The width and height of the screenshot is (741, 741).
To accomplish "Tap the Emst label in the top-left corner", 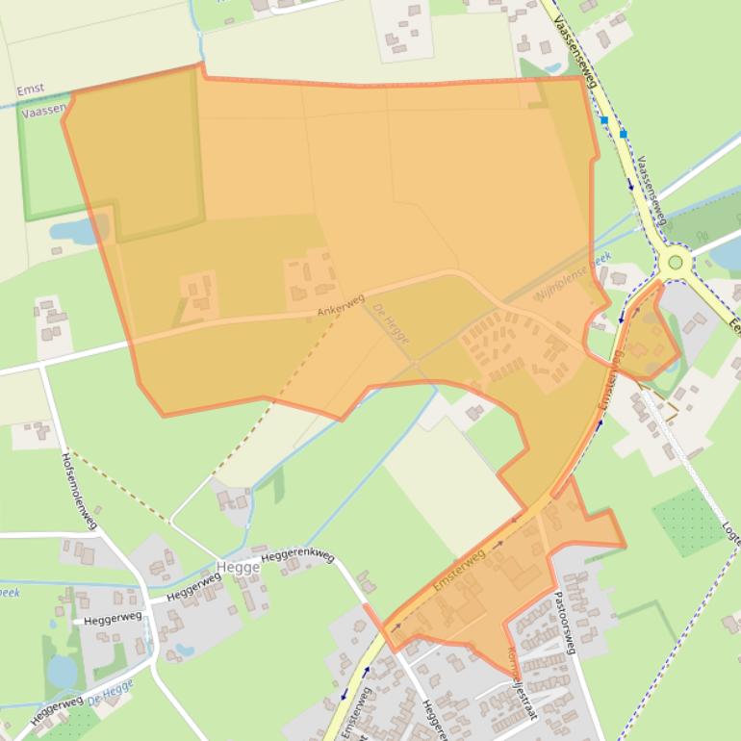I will coord(30,90).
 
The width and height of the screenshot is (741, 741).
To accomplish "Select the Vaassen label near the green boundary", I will coord(44,110).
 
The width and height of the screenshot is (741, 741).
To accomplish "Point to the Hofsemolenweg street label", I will coord(80,491).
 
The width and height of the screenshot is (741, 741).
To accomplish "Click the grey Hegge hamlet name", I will coord(239,568).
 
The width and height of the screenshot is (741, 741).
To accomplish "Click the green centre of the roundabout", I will coord(676,262).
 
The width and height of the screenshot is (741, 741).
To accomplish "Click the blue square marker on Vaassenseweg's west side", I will coord(604,121).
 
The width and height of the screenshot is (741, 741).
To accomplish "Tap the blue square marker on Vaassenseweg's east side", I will coord(624,133).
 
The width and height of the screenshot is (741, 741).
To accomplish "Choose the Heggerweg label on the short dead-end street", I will coord(113,618).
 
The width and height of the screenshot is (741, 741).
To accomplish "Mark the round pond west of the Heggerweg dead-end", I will coord(62,670).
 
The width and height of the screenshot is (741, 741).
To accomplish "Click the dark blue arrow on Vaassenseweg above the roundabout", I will coord(630,184).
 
